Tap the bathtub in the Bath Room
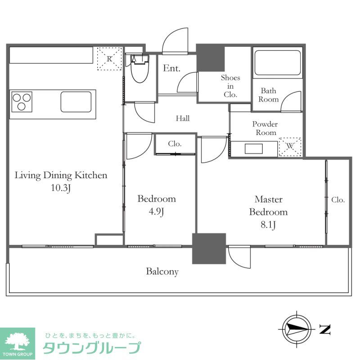point(277,63)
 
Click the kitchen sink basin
point(76,101)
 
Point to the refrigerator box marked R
point(110,58)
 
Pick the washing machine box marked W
point(290,147)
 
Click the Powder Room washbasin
point(256,148)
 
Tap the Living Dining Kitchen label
point(61,175)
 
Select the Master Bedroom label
point(268,206)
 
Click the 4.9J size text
point(156,212)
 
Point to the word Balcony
point(162,272)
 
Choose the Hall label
point(183,119)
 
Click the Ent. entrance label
point(171,69)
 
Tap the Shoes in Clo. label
point(230,86)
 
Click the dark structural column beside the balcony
point(209,248)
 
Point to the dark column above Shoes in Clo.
point(211,58)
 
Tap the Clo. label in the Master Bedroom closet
point(338,200)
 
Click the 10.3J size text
point(61,189)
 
